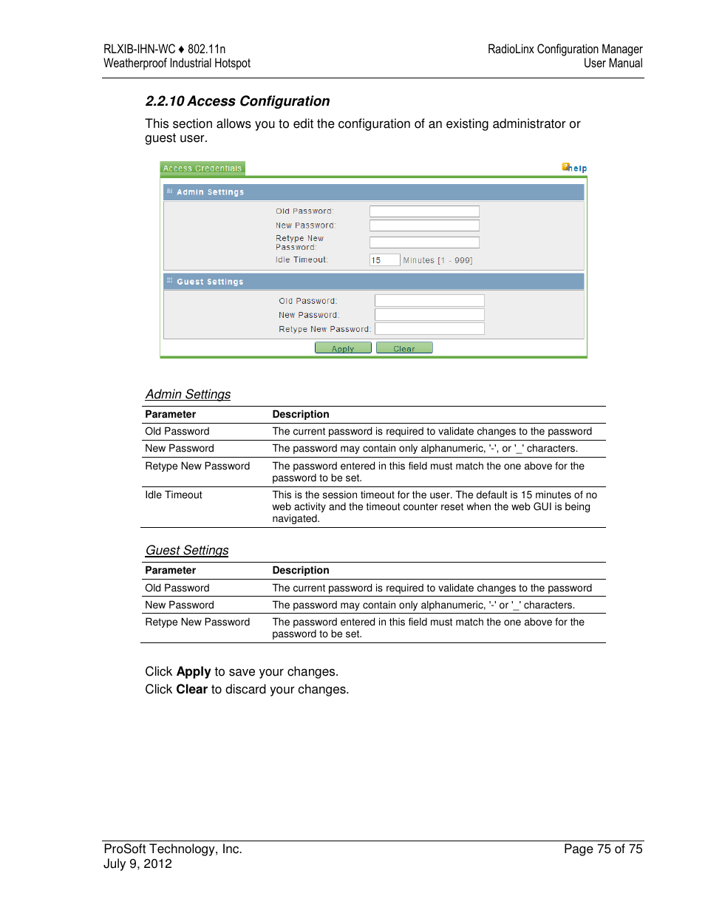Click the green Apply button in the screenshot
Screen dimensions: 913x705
click(x=343, y=348)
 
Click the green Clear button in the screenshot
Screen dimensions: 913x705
click(x=404, y=348)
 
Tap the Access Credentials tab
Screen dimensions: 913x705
click(x=202, y=169)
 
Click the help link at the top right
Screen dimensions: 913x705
click(x=575, y=168)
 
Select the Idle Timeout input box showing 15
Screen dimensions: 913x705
click(x=384, y=260)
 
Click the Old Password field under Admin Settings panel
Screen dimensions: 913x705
click(x=424, y=211)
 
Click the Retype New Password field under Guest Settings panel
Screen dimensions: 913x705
click(x=429, y=329)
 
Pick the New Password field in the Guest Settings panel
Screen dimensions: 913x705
click(x=429, y=315)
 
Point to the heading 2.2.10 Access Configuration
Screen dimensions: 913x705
click(x=237, y=101)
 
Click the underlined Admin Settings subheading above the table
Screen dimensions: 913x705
click(x=188, y=395)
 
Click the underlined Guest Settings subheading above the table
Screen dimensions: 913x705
click(x=187, y=551)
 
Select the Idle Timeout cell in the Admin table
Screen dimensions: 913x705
click(x=174, y=495)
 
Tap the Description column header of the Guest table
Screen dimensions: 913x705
click(x=301, y=571)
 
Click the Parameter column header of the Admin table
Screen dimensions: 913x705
click(x=171, y=415)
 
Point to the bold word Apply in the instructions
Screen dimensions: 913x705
click(x=194, y=672)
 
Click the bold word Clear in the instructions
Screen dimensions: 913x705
click(x=191, y=690)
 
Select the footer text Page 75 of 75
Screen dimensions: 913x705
click(x=603, y=849)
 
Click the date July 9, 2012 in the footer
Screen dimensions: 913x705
click(x=137, y=864)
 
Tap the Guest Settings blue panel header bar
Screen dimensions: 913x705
click(x=373, y=282)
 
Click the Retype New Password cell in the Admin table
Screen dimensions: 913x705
click(x=197, y=466)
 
